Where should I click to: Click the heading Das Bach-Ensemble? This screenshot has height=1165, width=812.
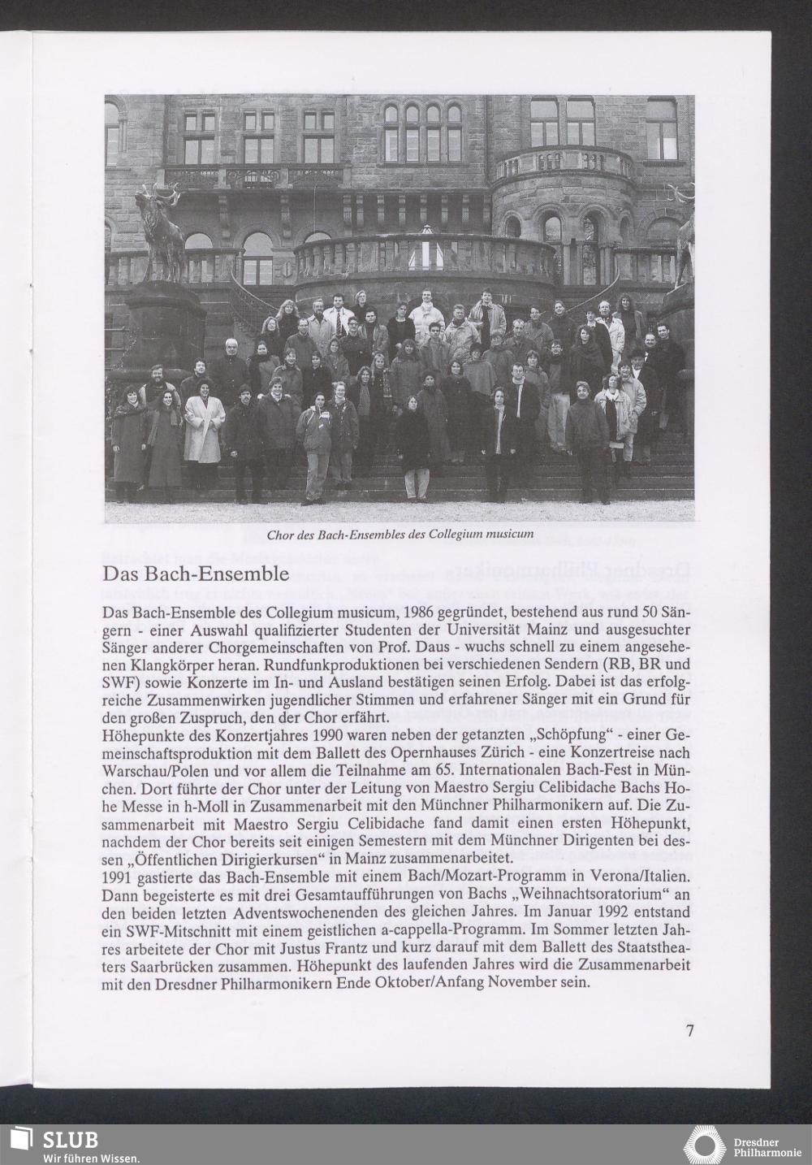pos(196,574)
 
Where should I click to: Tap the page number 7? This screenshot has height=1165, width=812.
pos(689,1032)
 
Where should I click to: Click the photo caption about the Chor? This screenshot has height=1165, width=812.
pos(400,534)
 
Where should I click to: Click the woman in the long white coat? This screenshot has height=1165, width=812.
pos(204,427)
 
